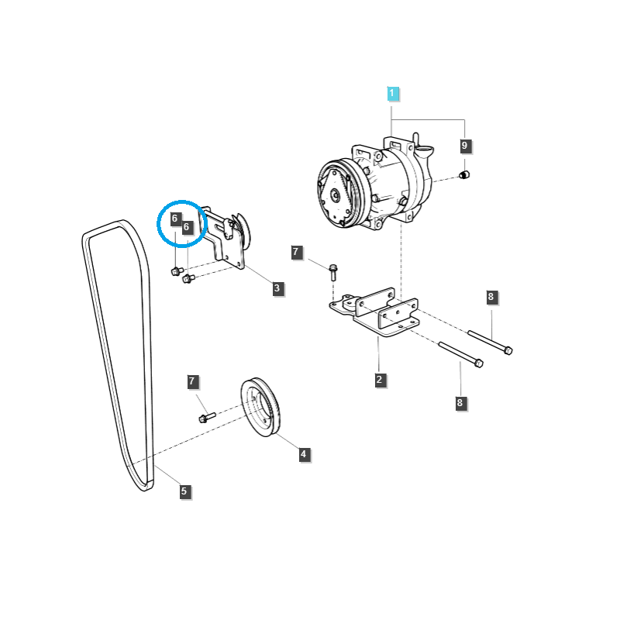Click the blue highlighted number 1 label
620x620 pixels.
[x=392, y=94]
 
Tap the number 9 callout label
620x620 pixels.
[x=465, y=145]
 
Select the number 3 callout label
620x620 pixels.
[x=277, y=288]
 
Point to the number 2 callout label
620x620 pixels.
[x=380, y=379]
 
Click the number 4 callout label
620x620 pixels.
[x=305, y=454]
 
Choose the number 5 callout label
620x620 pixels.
[x=184, y=491]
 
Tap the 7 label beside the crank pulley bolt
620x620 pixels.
[x=194, y=381]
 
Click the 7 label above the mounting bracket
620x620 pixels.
[x=295, y=252]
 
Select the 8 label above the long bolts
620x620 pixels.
[x=491, y=297]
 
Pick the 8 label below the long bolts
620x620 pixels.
[x=460, y=402]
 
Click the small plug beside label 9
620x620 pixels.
[x=465, y=174]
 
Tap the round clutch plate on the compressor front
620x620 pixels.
[x=336, y=194]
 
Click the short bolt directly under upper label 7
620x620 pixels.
[x=333, y=272]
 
